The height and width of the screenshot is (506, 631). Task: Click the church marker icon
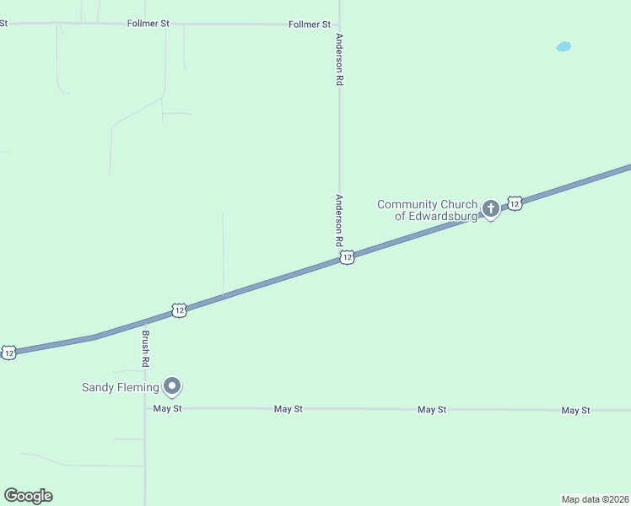[x=490, y=207]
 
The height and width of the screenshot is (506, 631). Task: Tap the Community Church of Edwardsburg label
[x=427, y=210]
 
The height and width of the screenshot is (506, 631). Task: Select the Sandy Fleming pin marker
[x=172, y=385]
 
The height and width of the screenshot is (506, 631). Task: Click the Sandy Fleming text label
[x=120, y=388]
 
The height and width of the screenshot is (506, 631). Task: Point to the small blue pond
[x=564, y=46]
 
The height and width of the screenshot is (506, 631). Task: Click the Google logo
[x=28, y=496]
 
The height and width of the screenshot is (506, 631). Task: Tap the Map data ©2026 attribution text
[x=596, y=498]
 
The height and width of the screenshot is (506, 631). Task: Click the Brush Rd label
[x=145, y=347]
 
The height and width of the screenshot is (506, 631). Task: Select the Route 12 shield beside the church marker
[x=515, y=202]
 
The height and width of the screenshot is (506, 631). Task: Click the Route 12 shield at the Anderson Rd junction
[x=347, y=258]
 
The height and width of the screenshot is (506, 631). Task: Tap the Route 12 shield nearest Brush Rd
[x=179, y=310]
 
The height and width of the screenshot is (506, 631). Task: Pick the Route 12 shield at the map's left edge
[x=8, y=353]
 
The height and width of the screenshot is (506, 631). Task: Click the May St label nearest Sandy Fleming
[x=168, y=409]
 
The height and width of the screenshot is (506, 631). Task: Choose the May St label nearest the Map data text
[x=576, y=410]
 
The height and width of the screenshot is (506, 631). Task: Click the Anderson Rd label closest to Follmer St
[x=339, y=59]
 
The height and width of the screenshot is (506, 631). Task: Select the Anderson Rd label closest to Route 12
[x=339, y=220]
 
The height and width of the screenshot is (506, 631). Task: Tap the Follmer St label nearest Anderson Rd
[x=310, y=24]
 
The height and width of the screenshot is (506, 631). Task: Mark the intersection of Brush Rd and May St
[x=145, y=409]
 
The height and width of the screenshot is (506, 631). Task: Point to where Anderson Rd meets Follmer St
[x=339, y=24]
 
